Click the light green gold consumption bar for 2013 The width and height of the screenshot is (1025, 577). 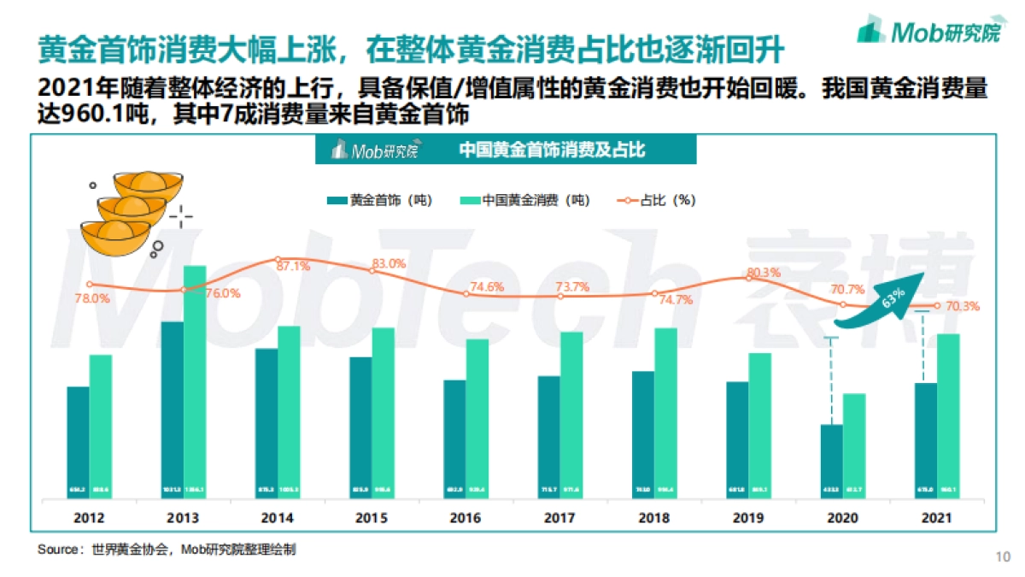pyautogui.click(x=195, y=381)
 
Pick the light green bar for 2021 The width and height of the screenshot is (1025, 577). pyautogui.click(x=948, y=415)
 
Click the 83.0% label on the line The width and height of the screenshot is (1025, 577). pyautogui.click(x=389, y=264)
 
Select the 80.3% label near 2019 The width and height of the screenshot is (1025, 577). pyautogui.click(x=764, y=274)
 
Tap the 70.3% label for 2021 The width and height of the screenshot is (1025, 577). pyautogui.click(x=963, y=306)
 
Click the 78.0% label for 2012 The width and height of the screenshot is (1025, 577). pyautogui.click(x=92, y=298)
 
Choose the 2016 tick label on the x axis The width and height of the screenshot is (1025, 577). pyautogui.click(x=466, y=518)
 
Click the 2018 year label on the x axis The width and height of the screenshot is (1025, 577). pyautogui.click(x=654, y=518)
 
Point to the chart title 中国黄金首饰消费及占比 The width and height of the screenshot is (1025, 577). pyautogui.click(x=551, y=150)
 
